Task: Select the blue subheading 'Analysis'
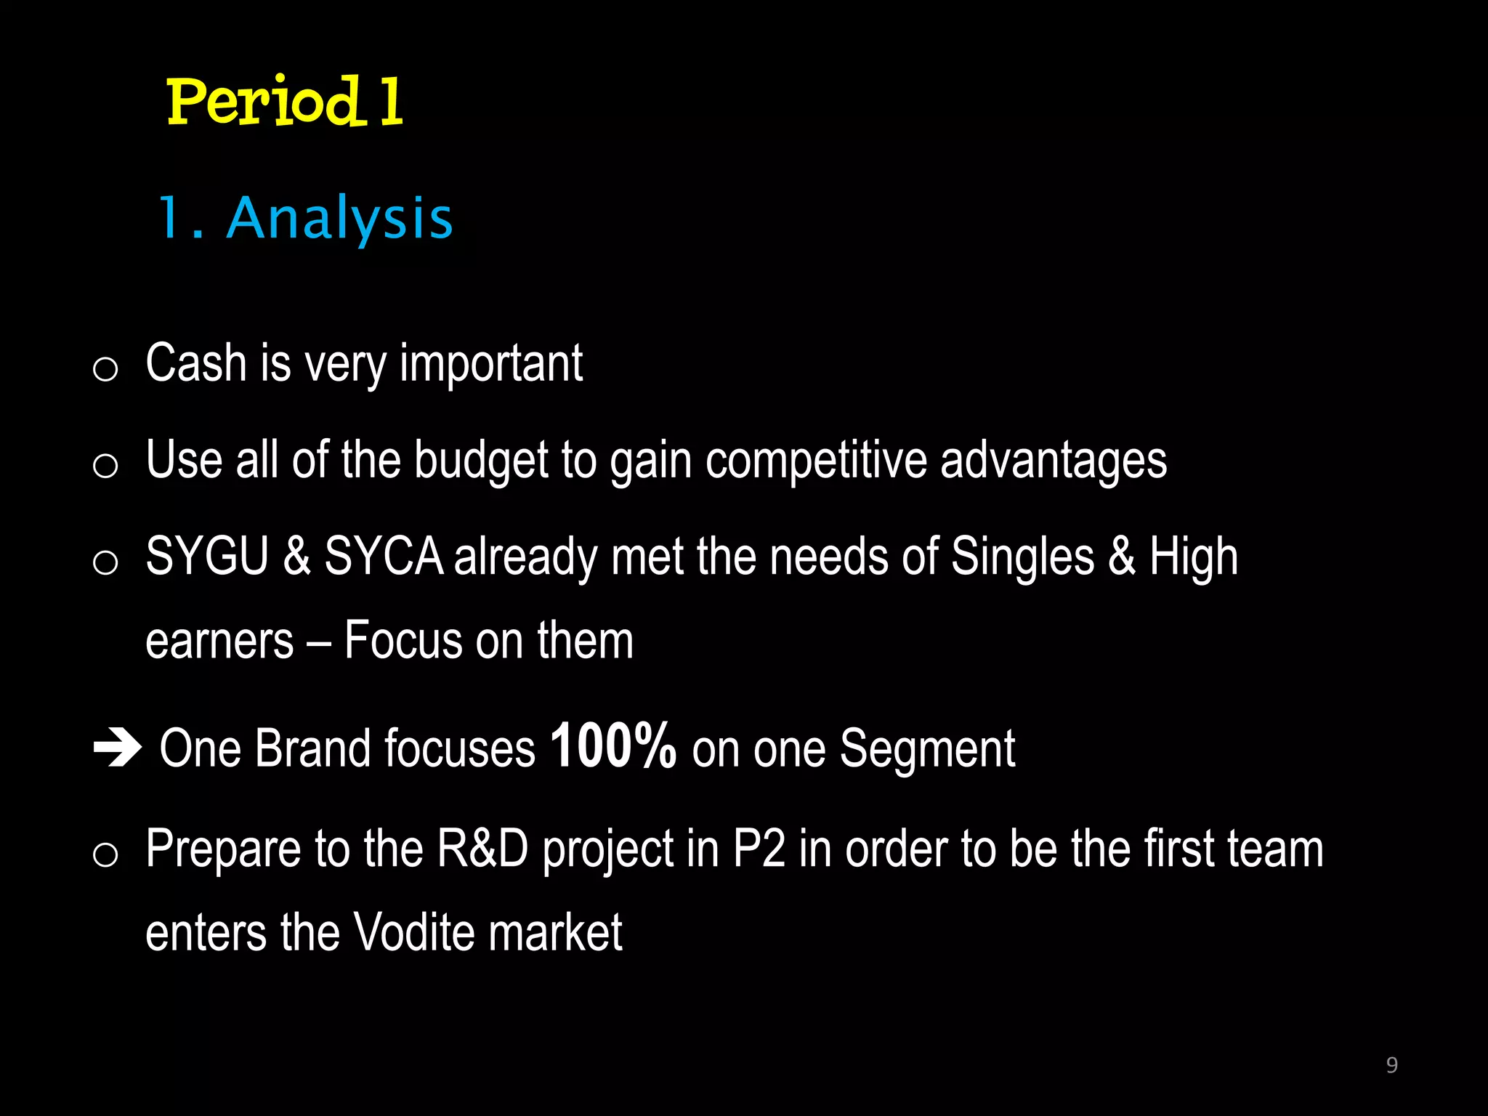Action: (x=339, y=218)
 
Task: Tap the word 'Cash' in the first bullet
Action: (x=195, y=363)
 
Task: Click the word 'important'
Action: (x=491, y=363)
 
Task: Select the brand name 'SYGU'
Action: (x=208, y=557)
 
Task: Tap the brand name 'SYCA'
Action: (x=383, y=557)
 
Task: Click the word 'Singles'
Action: (x=1022, y=557)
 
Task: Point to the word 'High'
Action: (x=1193, y=557)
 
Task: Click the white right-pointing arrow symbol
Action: (x=117, y=748)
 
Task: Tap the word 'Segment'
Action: (x=927, y=748)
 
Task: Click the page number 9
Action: (x=1391, y=1065)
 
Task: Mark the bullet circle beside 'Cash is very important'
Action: (x=105, y=369)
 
